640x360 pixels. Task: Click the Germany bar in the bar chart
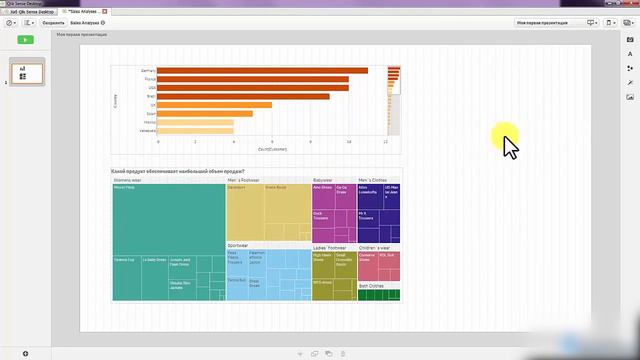260,70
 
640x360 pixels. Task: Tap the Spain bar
205,113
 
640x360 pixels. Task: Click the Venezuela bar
195,130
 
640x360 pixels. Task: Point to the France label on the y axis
150,79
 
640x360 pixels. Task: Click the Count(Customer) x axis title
271,149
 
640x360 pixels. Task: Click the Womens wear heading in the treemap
127,181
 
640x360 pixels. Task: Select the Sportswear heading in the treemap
237,245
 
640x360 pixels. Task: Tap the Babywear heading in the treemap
322,181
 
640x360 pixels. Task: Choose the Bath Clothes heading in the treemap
370,285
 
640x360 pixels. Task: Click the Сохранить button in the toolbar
53,22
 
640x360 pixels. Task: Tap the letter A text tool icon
630,55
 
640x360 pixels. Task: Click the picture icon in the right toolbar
630,98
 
